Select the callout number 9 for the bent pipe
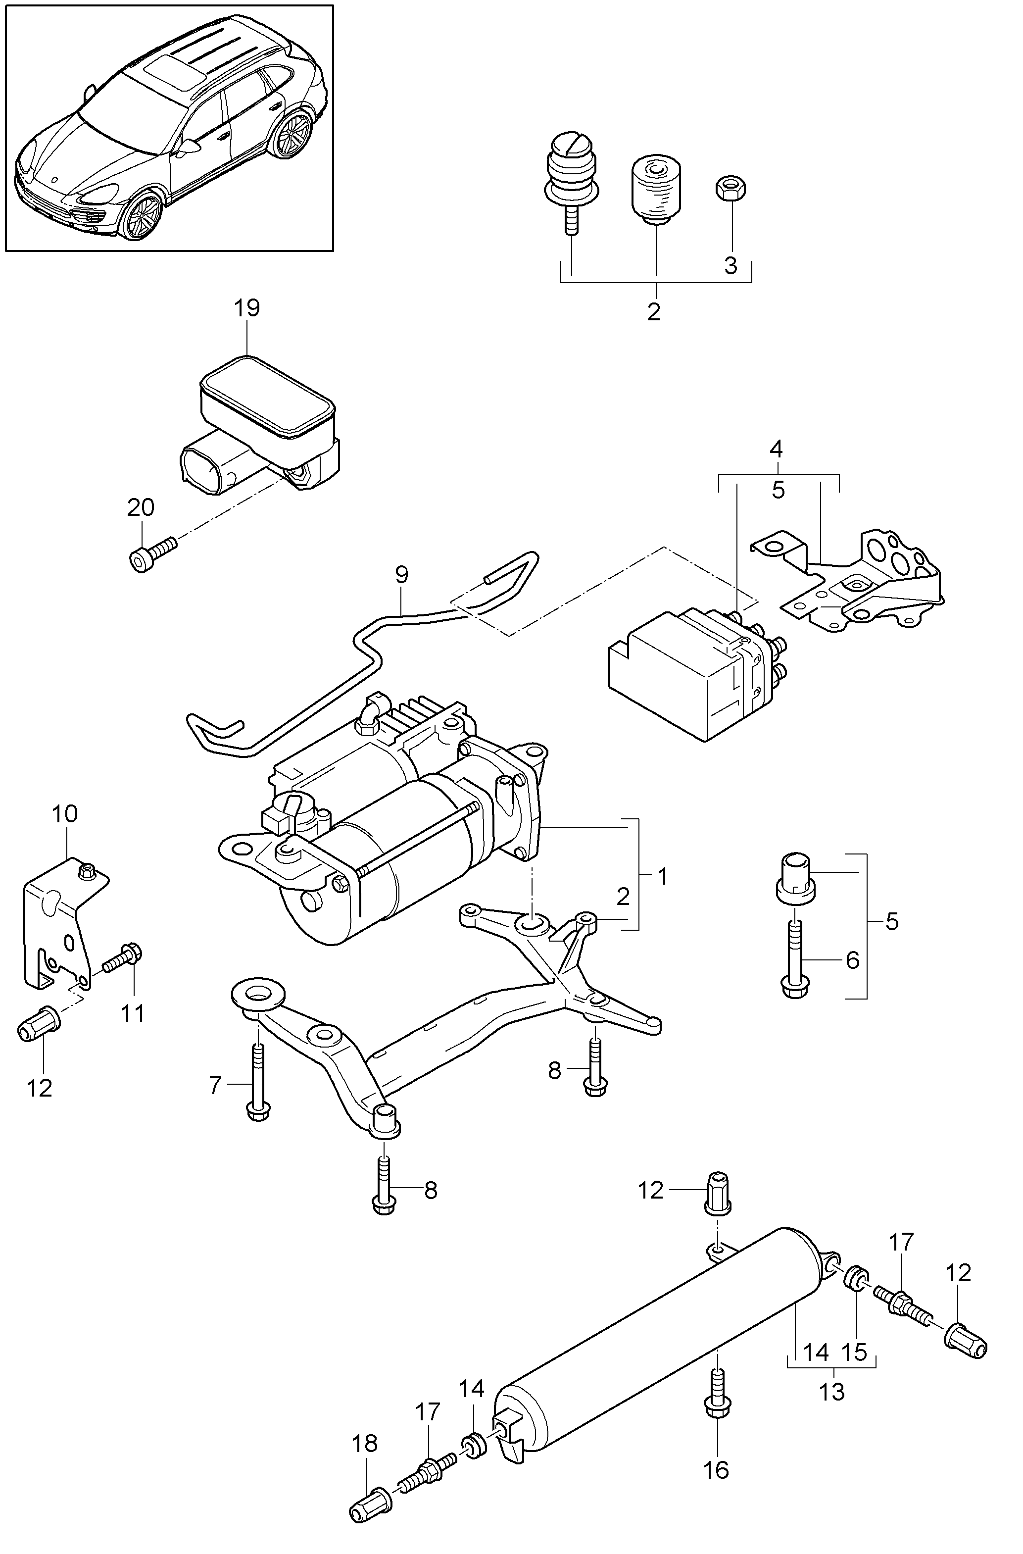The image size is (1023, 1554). pyautogui.click(x=401, y=575)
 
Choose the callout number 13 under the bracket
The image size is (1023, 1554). pyautogui.click(x=832, y=1392)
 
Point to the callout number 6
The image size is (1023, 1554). pyautogui.click(x=853, y=960)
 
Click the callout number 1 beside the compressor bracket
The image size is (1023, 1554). pyautogui.click(x=662, y=877)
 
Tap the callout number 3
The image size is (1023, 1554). pyautogui.click(x=731, y=266)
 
